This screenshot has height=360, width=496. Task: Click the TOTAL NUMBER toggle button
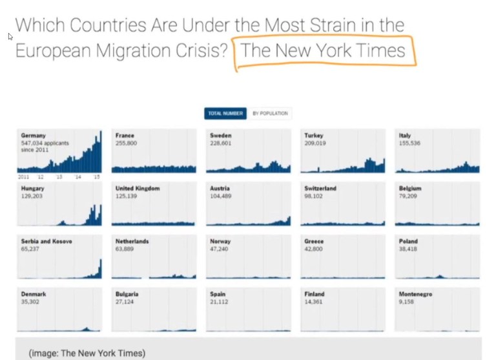(x=225, y=113)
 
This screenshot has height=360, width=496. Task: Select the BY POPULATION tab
(x=271, y=113)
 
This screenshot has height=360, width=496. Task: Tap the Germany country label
(x=33, y=136)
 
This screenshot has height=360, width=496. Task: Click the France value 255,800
(x=125, y=143)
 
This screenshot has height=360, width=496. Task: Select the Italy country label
(x=405, y=136)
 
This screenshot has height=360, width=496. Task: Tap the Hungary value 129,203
(x=31, y=195)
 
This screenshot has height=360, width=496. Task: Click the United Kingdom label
(x=138, y=189)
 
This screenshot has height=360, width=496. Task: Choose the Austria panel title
(x=220, y=189)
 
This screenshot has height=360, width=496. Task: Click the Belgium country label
(x=410, y=189)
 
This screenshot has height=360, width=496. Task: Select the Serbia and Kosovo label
(x=46, y=242)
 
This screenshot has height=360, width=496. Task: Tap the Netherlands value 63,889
(x=125, y=248)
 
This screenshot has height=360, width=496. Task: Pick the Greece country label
(x=314, y=242)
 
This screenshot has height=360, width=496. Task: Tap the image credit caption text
(x=87, y=353)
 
